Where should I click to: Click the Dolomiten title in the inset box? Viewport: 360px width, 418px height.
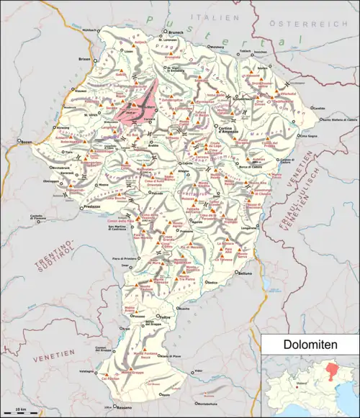pyautogui.click(x=310, y=345)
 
